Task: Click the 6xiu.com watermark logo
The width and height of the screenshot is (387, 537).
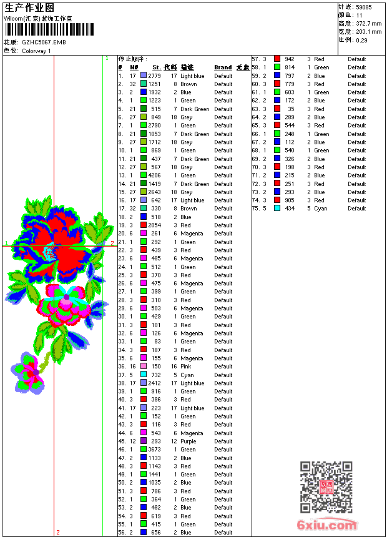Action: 327,525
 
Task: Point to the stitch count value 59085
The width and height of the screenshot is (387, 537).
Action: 364,7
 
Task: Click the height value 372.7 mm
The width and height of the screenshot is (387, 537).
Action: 369,23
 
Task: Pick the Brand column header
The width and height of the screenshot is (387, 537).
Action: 223,67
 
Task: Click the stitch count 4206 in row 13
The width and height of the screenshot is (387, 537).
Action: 154,175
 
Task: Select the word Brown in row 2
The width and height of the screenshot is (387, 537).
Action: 189,84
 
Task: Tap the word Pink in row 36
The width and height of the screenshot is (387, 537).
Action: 187,367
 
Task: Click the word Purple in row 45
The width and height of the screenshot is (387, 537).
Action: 189,441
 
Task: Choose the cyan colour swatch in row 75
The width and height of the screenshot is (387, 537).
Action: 277,209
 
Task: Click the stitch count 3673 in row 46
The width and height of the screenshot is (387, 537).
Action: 154,450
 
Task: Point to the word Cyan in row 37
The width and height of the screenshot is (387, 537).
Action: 187,375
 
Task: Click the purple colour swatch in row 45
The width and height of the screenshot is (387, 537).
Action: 144,441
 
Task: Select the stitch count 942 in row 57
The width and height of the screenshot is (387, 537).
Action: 290,59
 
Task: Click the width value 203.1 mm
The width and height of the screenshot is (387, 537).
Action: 369,31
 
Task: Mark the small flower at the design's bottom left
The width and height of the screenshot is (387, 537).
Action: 29,372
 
